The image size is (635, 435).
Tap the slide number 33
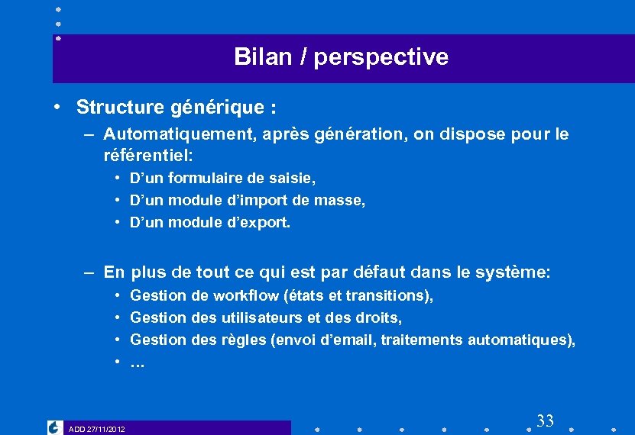[545, 420]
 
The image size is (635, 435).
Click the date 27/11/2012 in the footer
[105, 429]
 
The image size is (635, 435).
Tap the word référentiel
[147, 156]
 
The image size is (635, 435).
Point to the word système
[517, 272]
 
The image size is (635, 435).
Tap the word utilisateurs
[258, 317]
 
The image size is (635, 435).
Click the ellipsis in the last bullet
[138, 363]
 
